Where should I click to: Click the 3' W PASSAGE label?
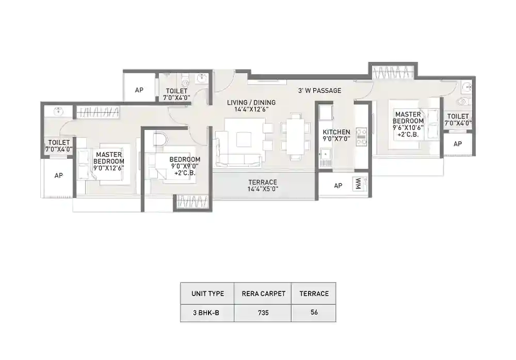[319, 91]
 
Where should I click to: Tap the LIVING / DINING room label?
[251, 106]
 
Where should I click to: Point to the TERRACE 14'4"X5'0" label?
[263, 186]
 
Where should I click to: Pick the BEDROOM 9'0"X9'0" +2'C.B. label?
[185, 167]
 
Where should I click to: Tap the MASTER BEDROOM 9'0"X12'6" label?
[108, 161]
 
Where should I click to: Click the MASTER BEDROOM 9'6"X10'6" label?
[409, 124]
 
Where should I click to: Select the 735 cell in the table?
[262, 313]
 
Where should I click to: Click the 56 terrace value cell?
[314, 313]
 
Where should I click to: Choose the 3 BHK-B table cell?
[207, 313]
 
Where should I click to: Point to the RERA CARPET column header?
[262, 293]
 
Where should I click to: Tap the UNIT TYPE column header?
[207, 293]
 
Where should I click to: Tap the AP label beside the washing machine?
[337, 186]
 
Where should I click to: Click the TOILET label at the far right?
[458, 120]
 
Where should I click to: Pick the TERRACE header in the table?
[314, 293]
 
